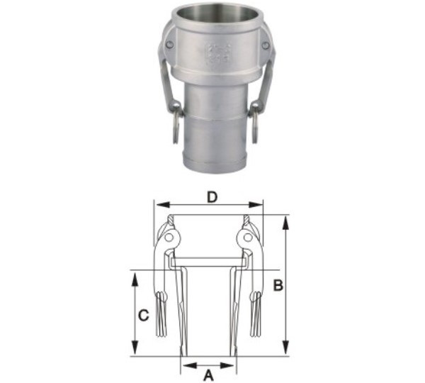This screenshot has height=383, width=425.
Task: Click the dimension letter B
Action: point(278,286)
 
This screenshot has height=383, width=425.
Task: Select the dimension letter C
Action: point(144,316)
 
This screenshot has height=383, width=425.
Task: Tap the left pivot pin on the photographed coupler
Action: point(169,46)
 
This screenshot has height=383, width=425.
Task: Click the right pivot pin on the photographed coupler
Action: point(266,46)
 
